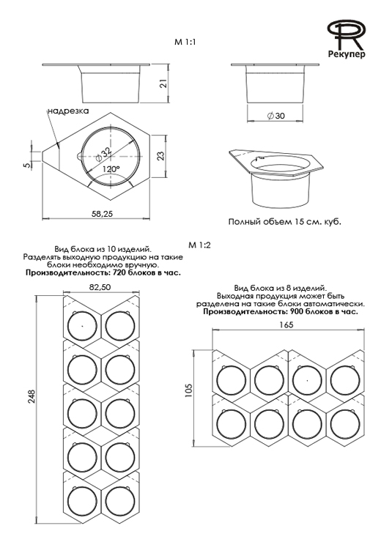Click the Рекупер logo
click(x=346, y=38)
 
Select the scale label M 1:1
click(x=185, y=42)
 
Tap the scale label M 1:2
click(x=200, y=245)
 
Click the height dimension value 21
click(x=163, y=83)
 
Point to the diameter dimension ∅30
click(x=276, y=116)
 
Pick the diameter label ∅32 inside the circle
click(x=103, y=154)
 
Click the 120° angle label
click(x=111, y=169)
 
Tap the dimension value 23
click(x=160, y=155)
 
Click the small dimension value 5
click(x=27, y=165)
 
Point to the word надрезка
click(x=68, y=111)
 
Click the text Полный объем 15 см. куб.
click(x=285, y=222)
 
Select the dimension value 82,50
click(x=100, y=287)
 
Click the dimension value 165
click(x=286, y=324)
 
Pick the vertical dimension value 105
click(x=188, y=391)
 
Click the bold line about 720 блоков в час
click(x=103, y=273)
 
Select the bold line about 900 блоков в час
click(x=281, y=312)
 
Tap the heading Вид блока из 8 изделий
click(x=281, y=288)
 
